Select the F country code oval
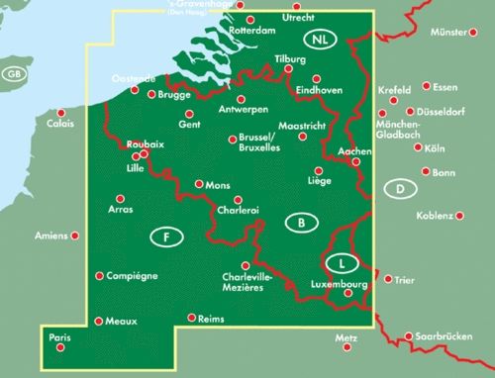pos(167,236)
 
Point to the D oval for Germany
pos(398,189)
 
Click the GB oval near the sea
pos(13,75)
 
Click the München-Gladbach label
pos(399,129)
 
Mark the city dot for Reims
pos(190,318)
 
